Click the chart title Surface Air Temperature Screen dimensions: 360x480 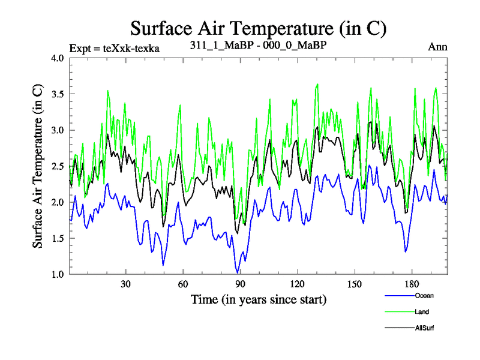pyautogui.click(x=258, y=28)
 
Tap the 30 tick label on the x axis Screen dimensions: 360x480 pyautogui.click(x=126, y=284)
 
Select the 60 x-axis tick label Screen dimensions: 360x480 pyautogui.click(x=183, y=284)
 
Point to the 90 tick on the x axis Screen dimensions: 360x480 pyautogui.click(x=240, y=284)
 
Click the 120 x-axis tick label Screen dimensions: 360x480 pyautogui.click(x=297, y=284)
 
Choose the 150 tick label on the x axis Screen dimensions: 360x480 pyautogui.click(x=354, y=284)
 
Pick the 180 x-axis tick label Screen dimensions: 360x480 pyautogui.click(x=411, y=284)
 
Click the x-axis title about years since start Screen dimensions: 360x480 pyautogui.click(x=258, y=299)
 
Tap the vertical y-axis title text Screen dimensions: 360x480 pyautogui.click(x=37, y=166)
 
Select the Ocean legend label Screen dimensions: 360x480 pyautogui.click(x=424, y=296)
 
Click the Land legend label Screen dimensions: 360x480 pyautogui.click(x=422, y=312)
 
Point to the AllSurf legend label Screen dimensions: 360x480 pyautogui.click(x=424, y=328)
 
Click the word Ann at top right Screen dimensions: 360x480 pyautogui.click(x=437, y=47)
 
